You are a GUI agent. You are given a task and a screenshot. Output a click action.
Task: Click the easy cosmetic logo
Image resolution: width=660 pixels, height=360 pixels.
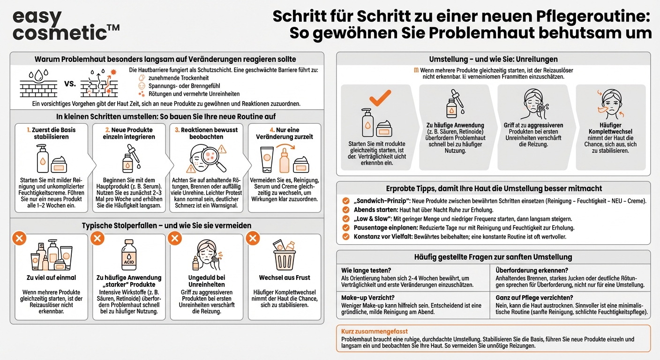coord(66,25)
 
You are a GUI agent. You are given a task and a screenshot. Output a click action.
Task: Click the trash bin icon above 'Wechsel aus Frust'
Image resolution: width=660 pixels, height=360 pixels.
coord(284,255)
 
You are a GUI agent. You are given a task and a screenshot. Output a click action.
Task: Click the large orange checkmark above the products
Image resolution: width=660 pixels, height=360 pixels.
coord(380,97)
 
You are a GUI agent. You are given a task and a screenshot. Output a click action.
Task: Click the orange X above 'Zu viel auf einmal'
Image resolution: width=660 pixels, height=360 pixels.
coord(19,239)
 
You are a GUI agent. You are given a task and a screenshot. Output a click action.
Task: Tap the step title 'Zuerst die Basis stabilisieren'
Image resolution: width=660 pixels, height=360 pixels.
coord(51,133)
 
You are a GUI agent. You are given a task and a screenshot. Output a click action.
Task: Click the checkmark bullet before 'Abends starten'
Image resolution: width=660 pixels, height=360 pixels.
coord(346,210)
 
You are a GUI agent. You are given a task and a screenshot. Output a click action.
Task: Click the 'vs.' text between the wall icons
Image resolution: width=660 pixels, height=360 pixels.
coord(70,84)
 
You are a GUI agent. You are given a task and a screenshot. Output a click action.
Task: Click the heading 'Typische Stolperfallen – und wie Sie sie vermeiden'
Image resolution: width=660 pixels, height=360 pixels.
coord(167,225)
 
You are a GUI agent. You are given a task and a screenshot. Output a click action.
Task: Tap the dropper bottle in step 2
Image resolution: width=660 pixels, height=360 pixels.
coord(128,158)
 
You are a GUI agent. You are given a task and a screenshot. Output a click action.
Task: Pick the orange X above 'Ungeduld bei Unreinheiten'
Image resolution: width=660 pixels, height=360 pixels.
coord(175,239)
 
